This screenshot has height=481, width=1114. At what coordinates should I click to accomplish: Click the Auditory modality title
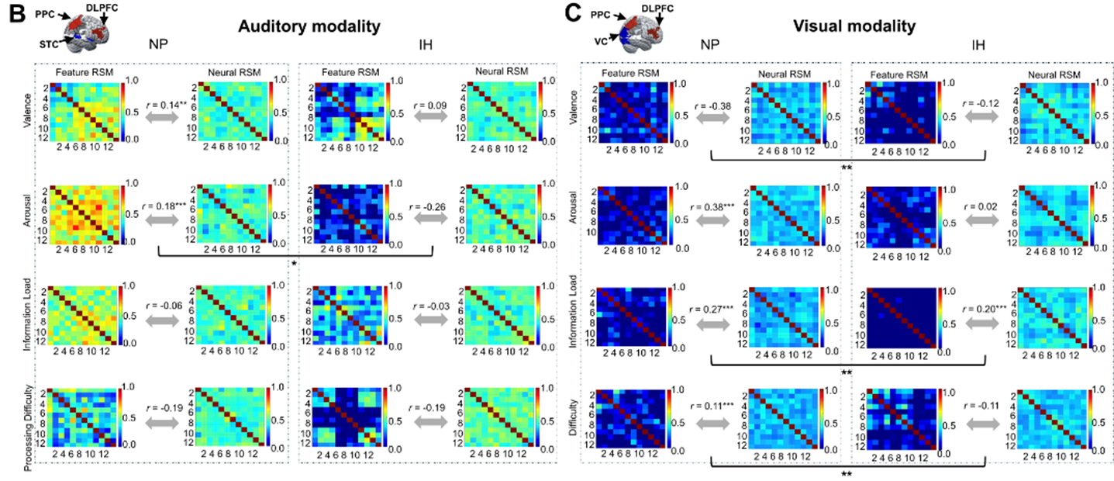click(299, 26)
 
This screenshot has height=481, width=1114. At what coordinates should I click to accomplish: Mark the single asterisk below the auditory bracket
click(295, 265)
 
